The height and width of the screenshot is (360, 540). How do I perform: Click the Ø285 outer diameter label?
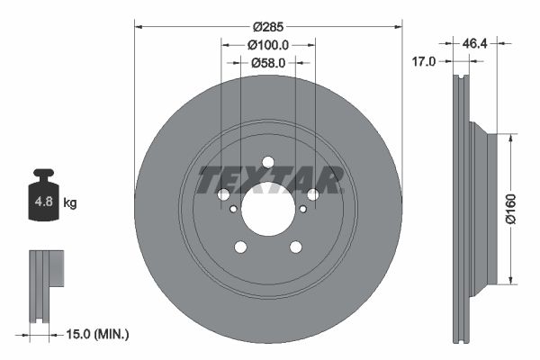point(267,28)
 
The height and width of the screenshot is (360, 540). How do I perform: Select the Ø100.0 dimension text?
point(267,45)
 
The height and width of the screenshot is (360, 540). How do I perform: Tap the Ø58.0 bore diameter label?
point(267,62)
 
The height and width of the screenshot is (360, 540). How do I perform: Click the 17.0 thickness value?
point(424,61)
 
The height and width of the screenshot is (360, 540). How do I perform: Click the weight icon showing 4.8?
point(43,200)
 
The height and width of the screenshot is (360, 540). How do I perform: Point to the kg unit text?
point(70,203)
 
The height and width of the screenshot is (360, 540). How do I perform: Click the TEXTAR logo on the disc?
point(271,180)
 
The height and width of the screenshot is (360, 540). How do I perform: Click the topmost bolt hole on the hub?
point(267,162)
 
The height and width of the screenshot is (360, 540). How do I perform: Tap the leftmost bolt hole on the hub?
point(224,194)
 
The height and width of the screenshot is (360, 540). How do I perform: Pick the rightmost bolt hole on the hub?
point(312,194)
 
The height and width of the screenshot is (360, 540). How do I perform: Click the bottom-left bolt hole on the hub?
point(240,247)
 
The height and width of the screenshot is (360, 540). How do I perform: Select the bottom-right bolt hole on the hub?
point(295,247)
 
